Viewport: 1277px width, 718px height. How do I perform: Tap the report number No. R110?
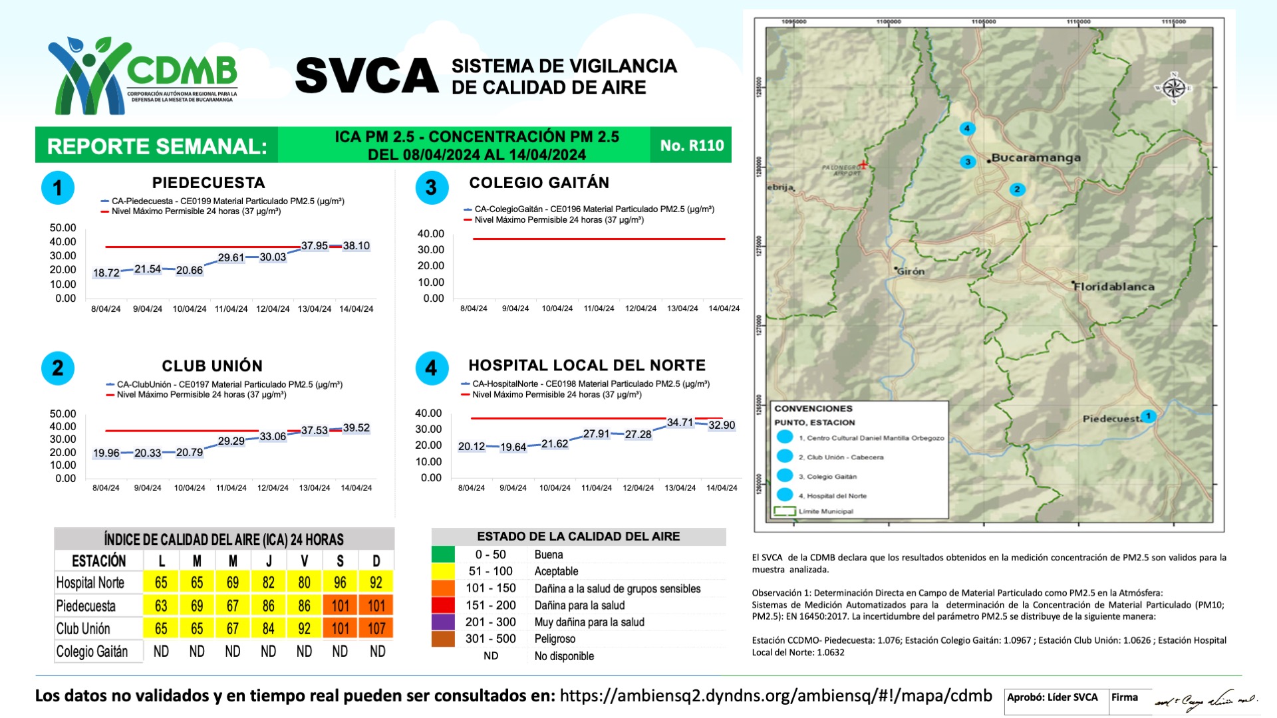point(691,146)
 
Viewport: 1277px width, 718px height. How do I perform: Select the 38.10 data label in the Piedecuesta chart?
point(356,246)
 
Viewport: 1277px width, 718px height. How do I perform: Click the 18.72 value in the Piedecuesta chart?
point(106,273)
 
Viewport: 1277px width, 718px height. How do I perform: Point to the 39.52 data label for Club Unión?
point(356,428)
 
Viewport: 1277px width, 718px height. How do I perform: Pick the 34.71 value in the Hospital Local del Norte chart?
point(680,423)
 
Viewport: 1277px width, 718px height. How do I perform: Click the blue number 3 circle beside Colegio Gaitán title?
point(432,188)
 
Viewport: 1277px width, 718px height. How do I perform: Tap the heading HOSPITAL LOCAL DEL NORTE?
point(587,366)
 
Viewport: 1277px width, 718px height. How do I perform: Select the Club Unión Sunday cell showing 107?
point(376,628)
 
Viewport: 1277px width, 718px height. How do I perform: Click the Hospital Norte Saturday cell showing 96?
point(340,583)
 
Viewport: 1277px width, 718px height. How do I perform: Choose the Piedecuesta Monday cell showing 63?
point(161,606)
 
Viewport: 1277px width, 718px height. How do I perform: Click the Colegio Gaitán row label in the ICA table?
point(92,652)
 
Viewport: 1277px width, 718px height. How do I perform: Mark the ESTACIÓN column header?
point(98,560)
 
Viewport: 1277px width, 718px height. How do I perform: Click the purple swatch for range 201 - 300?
point(443,622)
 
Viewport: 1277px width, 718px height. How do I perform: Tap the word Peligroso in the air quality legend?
point(555,639)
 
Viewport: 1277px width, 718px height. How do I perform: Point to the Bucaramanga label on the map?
point(1036,158)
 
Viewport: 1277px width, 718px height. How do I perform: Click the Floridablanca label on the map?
point(1114,287)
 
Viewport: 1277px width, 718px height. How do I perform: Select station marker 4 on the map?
point(967,128)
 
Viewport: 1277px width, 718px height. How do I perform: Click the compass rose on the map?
point(1174,88)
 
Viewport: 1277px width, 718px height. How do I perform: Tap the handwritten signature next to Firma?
point(1205,700)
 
